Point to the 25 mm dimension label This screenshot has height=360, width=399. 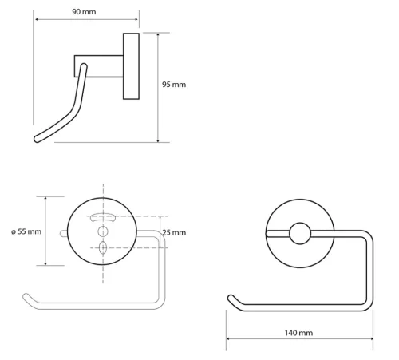point(173,232)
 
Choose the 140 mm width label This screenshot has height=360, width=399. point(299,330)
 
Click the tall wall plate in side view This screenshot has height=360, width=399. point(130,66)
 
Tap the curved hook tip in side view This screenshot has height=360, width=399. point(37,140)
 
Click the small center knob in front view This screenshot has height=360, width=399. point(301,233)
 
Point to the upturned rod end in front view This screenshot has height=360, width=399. point(232,299)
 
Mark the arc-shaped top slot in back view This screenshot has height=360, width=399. point(103,216)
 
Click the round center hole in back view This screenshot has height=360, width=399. point(103,231)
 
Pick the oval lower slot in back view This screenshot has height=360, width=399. point(103,248)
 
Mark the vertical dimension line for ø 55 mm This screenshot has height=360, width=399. point(46,231)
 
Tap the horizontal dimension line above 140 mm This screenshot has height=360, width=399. point(299,339)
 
